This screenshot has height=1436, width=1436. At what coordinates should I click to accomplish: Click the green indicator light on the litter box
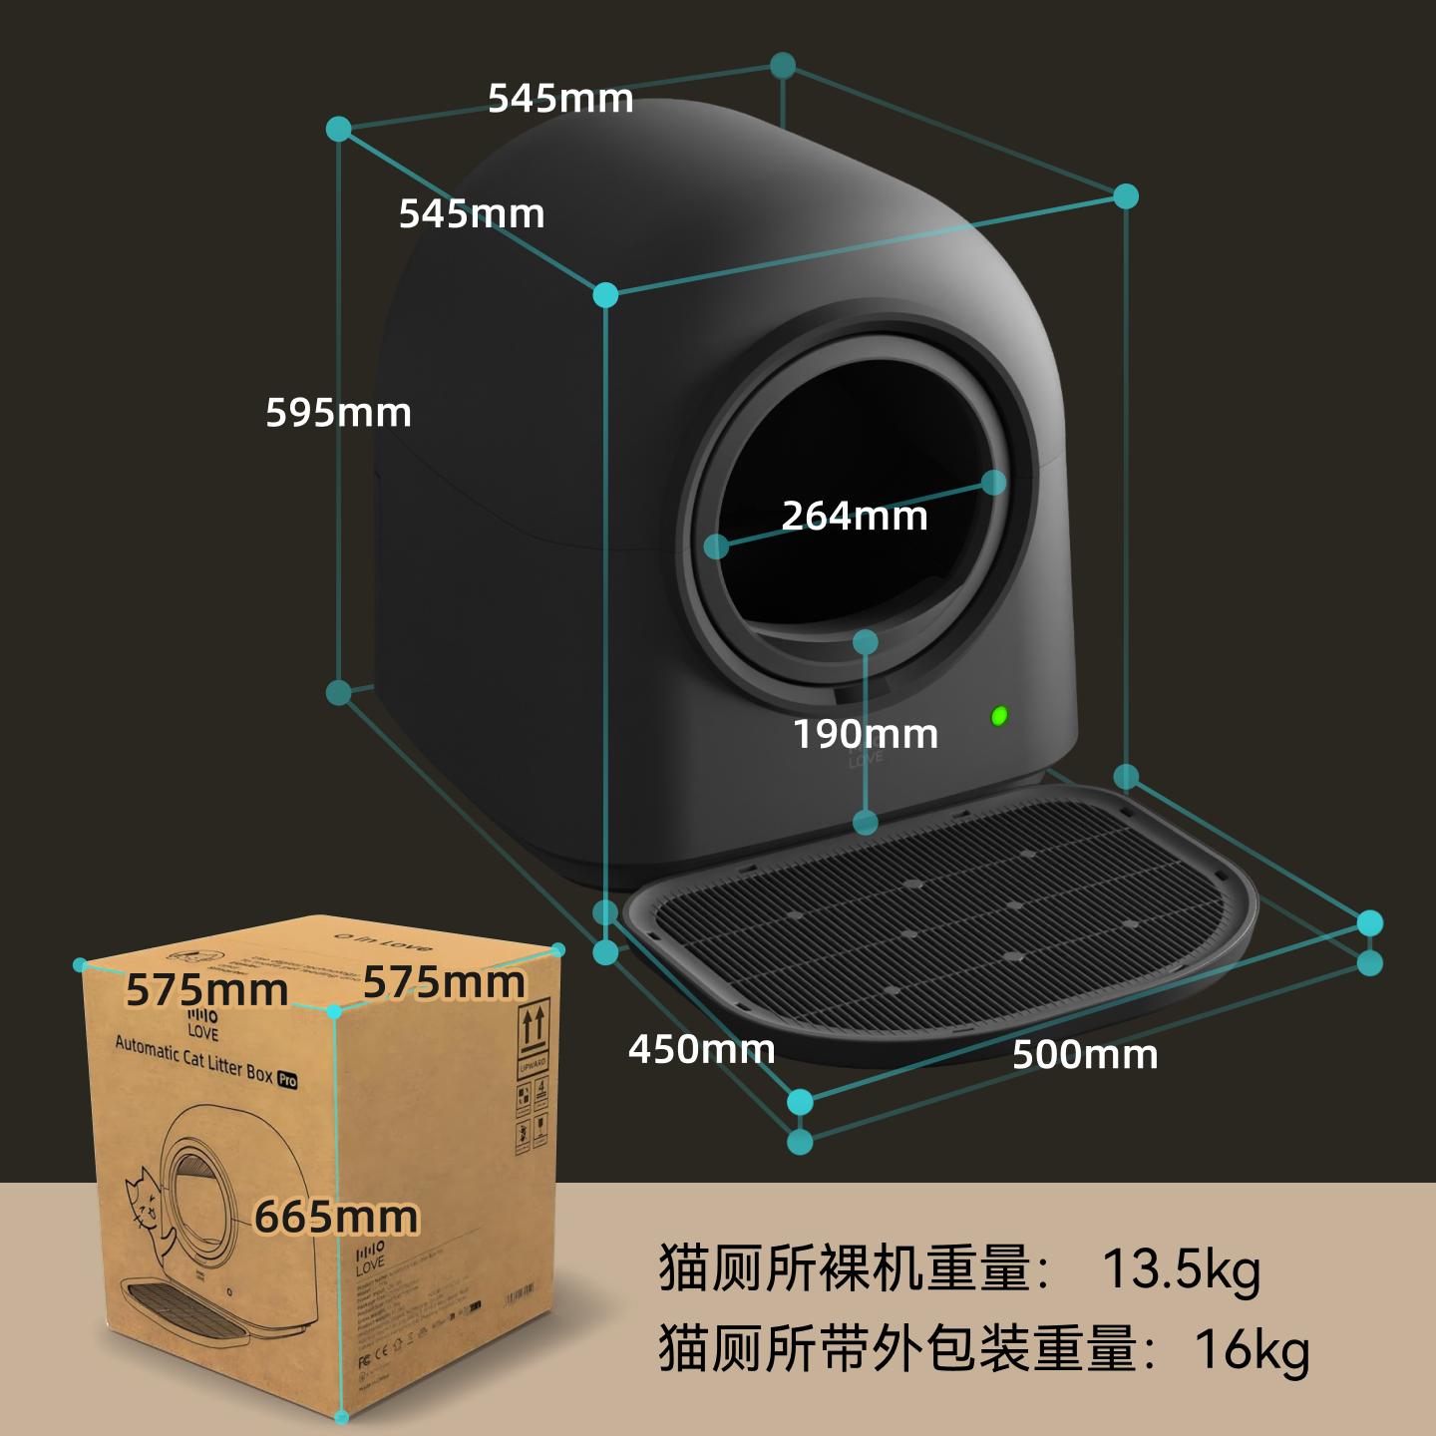(999, 715)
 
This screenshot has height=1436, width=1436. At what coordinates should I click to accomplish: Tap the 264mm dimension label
(855, 517)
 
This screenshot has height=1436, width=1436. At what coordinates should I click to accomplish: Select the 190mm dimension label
(866, 735)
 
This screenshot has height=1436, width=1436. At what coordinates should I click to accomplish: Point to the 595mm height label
(338, 413)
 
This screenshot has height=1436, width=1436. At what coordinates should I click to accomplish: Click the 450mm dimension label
(701, 1049)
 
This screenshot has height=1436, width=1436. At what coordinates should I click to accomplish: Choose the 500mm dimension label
(1085, 1055)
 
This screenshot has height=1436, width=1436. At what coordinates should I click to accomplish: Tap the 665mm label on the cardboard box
(336, 1218)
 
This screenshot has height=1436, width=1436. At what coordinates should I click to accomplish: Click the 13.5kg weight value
(1181, 1269)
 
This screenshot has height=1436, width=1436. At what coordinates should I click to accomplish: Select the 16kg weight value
(1252, 1349)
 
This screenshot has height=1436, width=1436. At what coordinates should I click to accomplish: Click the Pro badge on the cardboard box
(287, 1079)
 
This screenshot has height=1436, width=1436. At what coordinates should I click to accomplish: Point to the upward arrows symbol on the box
(534, 1027)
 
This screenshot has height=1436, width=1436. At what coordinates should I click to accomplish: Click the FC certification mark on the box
(364, 1362)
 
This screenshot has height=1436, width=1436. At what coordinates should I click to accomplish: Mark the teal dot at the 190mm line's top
(866, 642)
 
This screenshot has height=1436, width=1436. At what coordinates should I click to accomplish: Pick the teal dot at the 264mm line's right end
(993, 483)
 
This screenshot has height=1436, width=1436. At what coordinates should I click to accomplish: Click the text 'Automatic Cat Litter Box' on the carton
(193, 1059)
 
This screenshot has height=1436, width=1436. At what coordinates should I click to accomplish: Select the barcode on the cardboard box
(520, 1297)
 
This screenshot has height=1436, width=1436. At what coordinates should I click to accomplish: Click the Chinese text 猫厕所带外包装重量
(897, 1349)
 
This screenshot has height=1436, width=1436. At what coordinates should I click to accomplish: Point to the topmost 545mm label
(560, 99)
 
